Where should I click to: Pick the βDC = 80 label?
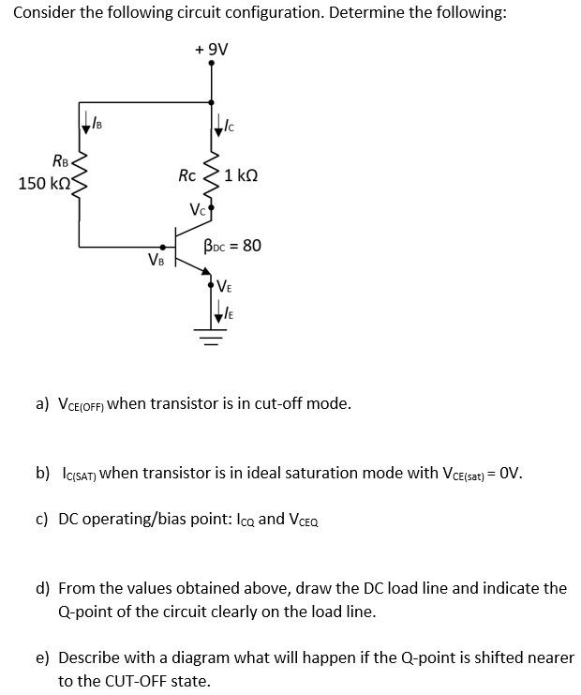pos(232,246)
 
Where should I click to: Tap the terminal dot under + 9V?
pos(211,64)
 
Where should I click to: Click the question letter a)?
pos(42,404)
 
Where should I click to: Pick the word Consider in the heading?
pos(44,12)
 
